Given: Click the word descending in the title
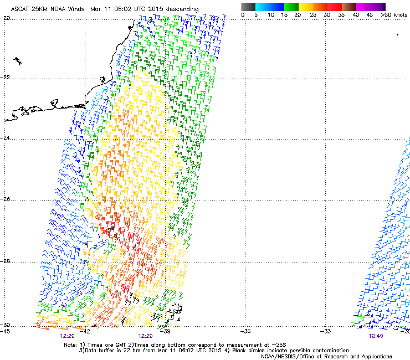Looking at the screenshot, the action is [182, 9].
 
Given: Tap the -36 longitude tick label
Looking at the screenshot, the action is [245, 331].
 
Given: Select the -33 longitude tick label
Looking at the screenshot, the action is [325, 331].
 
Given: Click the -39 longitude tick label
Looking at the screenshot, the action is [165, 331].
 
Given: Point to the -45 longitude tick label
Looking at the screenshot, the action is [5, 331].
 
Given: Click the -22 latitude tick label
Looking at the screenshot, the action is [5, 78].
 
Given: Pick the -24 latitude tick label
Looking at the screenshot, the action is [5, 137].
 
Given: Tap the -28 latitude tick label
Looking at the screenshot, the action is [5, 261].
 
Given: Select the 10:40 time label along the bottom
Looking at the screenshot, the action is [376, 336].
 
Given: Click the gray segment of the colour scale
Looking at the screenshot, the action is [248, 7].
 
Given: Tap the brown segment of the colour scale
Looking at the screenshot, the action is [349, 7].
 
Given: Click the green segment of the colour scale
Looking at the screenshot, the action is [291, 7].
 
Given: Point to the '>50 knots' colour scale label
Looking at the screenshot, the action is [394, 14].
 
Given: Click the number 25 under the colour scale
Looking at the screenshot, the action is [313, 14].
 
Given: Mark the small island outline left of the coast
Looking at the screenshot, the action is [18, 61].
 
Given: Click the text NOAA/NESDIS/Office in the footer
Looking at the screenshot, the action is [288, 356].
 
